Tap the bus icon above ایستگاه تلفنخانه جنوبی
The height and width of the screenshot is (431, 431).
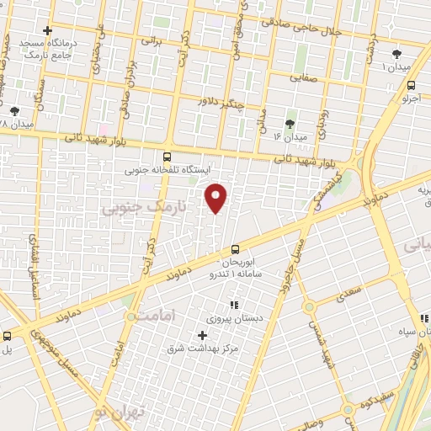[x=167, y=156]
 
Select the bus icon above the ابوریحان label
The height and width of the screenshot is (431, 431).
[x=235, y=248]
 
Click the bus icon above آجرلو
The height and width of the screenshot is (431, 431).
[x=411, y=85]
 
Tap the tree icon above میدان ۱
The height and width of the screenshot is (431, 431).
[x=396, y=52]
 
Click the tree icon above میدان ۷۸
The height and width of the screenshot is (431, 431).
[x=14, y=110]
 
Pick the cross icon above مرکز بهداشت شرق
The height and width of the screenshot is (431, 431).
[x=201, y=335]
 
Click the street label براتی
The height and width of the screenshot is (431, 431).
[x=151, y=40]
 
